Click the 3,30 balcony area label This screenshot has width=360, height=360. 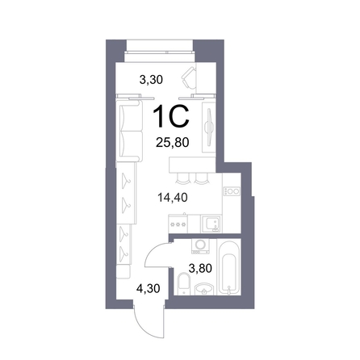[x=151, y=80]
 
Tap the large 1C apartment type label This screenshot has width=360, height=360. [x=171, y=116]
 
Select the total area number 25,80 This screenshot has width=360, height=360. [x=173, y=142]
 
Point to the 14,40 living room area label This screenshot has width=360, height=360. [x=172, y=198]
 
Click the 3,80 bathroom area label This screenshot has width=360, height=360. [x=200, y=268]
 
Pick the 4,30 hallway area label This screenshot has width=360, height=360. [x=149, y=289]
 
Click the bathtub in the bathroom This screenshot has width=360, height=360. [x=228, y=266]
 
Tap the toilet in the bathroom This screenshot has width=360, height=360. [x=184, y=283]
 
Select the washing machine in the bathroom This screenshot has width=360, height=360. [x=200, y=246]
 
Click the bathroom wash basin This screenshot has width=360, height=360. [x=204, y=289]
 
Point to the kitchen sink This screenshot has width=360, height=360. [x=211, y=224]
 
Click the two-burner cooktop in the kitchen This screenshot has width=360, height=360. [x=232, y=191]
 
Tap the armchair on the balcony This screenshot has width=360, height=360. [x=189, y=78]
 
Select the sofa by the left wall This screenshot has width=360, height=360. [x=129, y=131]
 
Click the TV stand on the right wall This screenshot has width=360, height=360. [x=209, y=127]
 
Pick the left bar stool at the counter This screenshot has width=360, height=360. [x=182, y=178]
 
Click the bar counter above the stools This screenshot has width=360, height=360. [x=192, y=165]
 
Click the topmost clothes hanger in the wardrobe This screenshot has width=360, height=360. [x=126, y=179]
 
